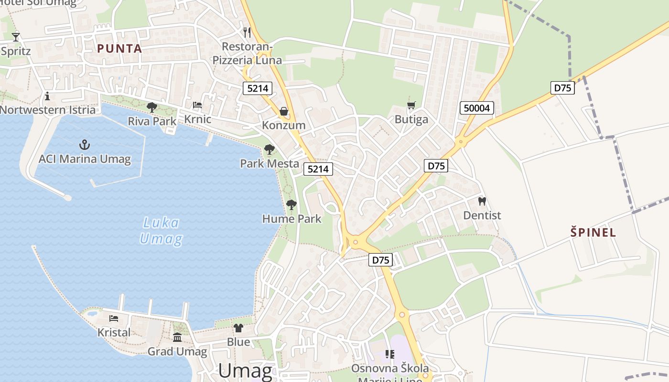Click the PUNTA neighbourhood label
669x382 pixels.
point(119,49)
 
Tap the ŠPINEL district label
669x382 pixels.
point(593,233)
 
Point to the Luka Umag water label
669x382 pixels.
point(161,230)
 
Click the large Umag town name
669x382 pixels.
point(245,371)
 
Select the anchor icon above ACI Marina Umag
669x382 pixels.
point(85,144)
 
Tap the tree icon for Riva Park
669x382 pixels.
point(152,107)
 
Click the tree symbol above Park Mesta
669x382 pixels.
point(270,149)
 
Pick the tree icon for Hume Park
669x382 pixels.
point(291,205)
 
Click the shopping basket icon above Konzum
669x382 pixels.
point(284,111)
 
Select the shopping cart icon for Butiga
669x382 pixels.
point(411,105)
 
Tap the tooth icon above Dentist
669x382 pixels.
point(482,201)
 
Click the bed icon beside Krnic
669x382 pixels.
point(197,105)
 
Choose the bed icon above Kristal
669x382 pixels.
point(114,318)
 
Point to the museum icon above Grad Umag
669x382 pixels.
point(177,337)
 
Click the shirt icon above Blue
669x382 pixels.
point(238,328)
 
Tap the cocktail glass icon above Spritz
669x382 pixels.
point(16,36)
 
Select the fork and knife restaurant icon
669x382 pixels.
point(247,32)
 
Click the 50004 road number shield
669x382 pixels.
point(476,108)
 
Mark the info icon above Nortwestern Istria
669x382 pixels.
point(47,96)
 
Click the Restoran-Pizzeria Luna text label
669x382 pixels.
point(247,53)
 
